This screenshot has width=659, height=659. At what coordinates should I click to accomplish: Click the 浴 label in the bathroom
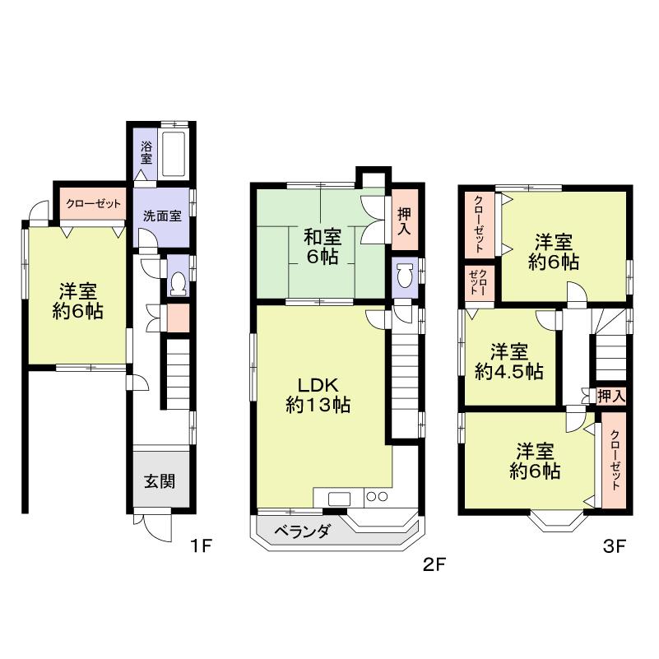[x=146, y=150]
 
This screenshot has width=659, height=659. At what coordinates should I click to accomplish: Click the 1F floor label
[x=202, y=545]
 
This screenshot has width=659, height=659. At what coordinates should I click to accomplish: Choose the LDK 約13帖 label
[x=319, y=395]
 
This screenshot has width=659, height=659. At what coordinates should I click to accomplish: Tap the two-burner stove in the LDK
[x=376, y=497]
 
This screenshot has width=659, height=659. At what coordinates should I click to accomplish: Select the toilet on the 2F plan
[x=404, y=278]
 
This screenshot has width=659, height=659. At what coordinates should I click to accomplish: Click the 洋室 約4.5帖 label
[x=510, y=361]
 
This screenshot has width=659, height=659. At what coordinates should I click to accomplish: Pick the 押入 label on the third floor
[x=611, y=396]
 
